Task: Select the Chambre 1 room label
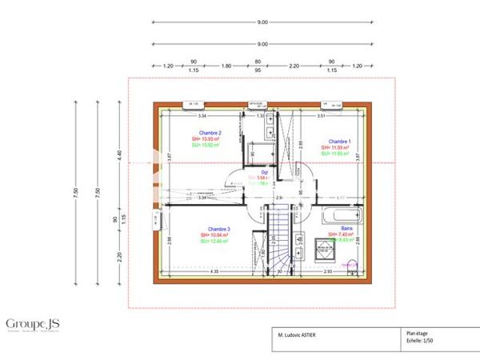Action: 334,141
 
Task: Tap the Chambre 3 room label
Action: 218,228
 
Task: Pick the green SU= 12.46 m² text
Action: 218,241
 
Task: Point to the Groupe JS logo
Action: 33,323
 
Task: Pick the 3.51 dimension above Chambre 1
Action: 320,117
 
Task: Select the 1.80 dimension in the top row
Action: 226,65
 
